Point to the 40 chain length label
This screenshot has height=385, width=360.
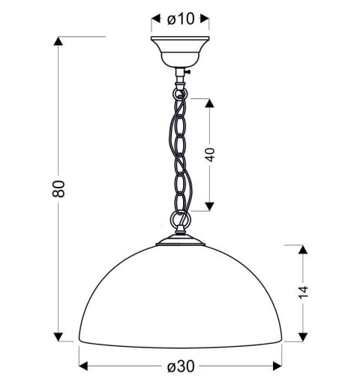click(211, 154)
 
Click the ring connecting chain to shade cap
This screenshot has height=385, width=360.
click(178, 221)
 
